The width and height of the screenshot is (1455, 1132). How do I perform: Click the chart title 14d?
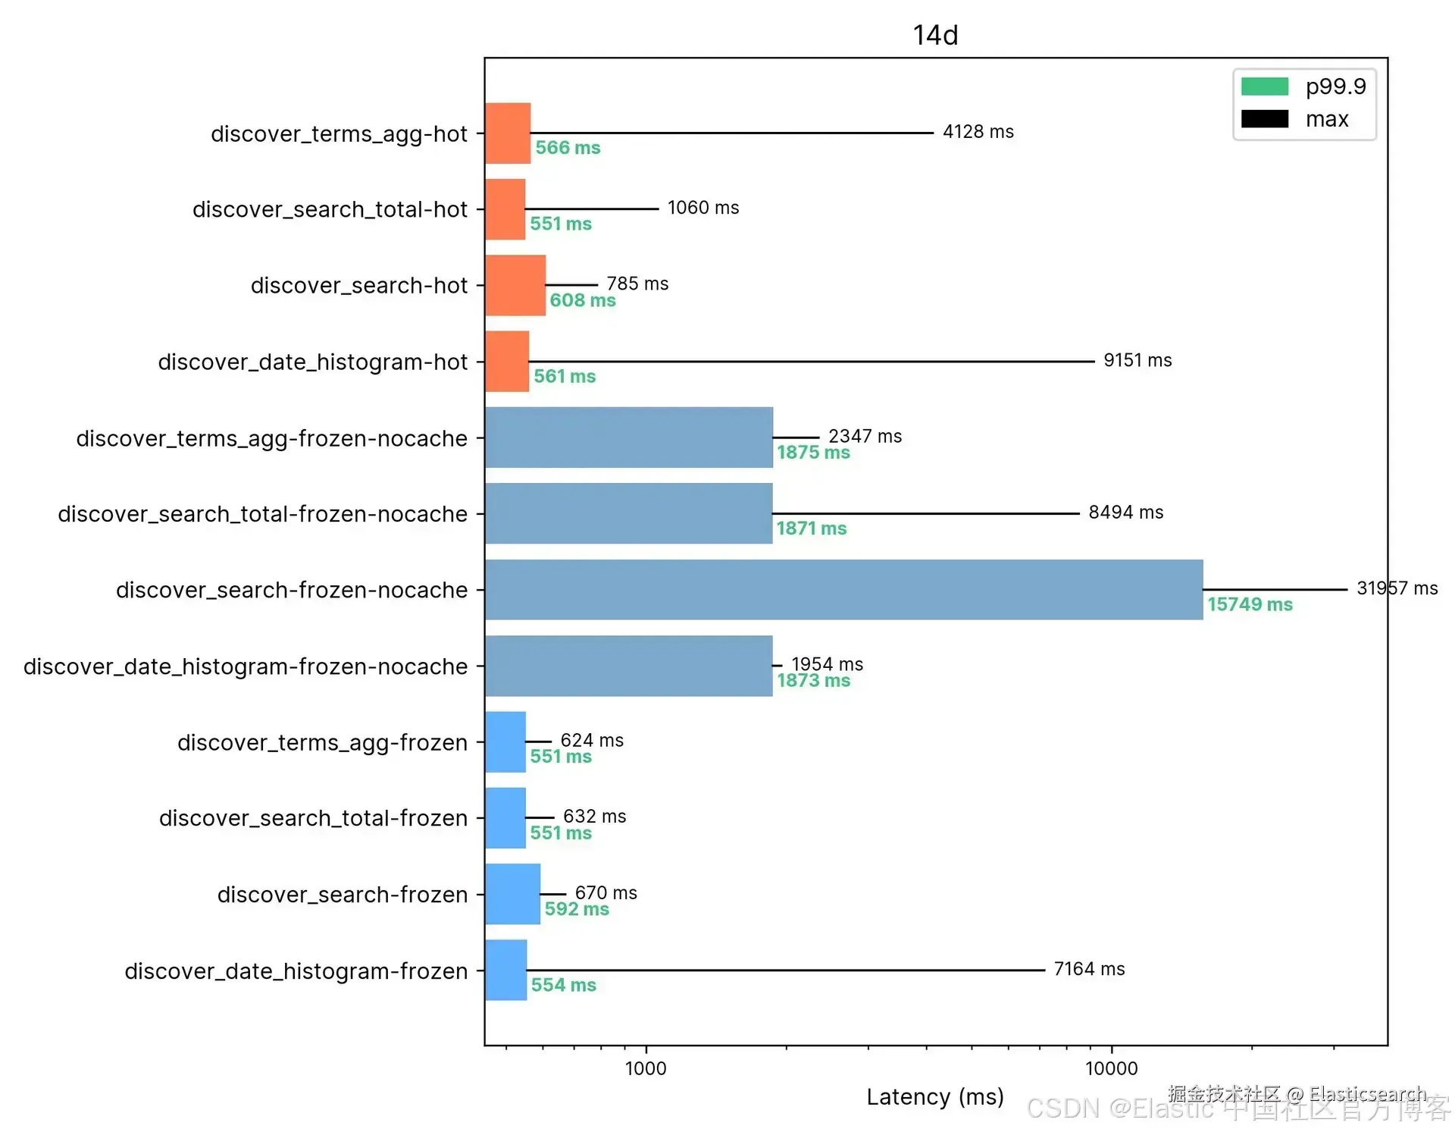click(x=935, y=35)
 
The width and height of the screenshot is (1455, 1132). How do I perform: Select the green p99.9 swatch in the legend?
click(x=1264, y=86)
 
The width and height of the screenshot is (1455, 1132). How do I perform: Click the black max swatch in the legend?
click(x=1264, y=119)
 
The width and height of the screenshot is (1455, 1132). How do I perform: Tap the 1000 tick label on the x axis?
click(x=646, y=1068)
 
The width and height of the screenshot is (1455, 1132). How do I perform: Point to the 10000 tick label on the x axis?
click(x=1111, y=1068)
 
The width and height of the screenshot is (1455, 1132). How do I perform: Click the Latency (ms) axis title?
click(x=934, y=1096)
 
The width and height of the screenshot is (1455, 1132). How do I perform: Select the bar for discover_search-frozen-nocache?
click(x=843, y=590)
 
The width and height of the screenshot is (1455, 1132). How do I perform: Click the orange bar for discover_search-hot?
click(x=515, y=285)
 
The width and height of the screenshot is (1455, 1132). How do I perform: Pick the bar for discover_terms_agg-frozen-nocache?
click(x=629, y=437)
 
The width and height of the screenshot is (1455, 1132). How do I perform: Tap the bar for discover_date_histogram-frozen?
click(x=505, y=970)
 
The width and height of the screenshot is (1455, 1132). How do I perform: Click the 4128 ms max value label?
click(x=978, y=132)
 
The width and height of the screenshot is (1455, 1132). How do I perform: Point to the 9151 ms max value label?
click(x=1137, y=360)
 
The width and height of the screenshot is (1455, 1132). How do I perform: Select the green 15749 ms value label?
click(x=1250, y=604)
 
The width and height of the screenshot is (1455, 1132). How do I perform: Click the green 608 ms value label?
click(x=582, y=300)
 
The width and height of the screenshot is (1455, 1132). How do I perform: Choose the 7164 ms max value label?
click(x=1089, y=969)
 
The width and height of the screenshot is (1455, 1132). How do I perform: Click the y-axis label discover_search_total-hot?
click(x=330, y=209)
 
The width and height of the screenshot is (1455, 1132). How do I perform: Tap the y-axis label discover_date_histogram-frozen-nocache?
click(x=246, y=666)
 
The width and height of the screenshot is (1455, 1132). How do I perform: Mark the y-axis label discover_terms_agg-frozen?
click(x=322, y=742)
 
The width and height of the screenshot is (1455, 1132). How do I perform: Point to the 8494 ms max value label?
click(x=1125, y=513)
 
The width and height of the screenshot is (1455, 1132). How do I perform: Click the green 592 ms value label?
click(x=576, y=909)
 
